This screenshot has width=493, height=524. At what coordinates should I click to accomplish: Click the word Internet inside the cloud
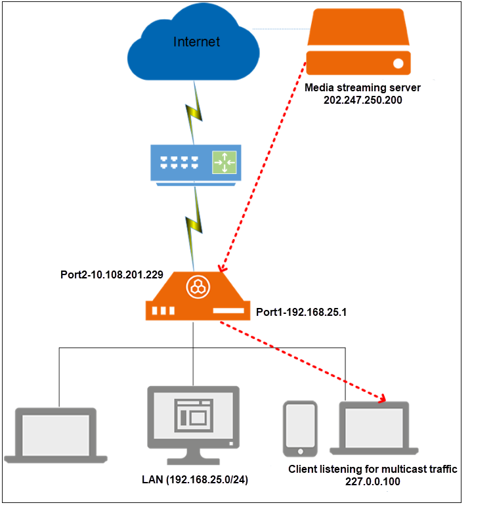coord(196,42)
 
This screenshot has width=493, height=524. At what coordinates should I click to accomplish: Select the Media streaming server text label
coord(362,87)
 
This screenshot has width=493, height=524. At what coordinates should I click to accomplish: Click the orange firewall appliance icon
coord(196,297)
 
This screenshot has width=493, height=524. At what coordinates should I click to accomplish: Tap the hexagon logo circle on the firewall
coord(196,286)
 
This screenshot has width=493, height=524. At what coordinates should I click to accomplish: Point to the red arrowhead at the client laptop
coord(381,397)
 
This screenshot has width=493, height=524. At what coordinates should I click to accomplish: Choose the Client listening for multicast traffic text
coord(372,469)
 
